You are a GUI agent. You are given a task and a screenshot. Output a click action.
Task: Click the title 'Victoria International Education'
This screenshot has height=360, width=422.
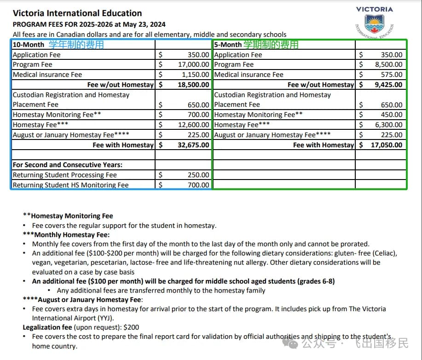77,13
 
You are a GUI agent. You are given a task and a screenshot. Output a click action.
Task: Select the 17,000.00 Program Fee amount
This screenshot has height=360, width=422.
193,64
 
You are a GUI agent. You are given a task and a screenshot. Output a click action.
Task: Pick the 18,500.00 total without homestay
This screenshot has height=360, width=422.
193,85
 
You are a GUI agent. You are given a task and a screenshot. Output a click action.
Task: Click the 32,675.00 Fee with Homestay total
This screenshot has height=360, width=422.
193,145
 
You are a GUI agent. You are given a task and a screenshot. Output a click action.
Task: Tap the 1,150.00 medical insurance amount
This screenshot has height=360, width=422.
195,75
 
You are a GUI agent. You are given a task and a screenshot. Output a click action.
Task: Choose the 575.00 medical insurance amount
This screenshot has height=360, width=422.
392,75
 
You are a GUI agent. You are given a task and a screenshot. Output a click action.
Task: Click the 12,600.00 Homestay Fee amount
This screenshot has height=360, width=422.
193,125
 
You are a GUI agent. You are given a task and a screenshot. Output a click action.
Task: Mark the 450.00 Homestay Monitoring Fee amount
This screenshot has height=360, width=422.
392,115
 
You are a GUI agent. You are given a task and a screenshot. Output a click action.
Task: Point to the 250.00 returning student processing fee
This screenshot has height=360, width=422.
198,175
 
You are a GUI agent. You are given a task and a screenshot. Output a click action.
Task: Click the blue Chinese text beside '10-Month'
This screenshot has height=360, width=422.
76,45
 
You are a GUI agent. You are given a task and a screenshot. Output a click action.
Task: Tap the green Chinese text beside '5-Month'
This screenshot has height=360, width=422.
271,45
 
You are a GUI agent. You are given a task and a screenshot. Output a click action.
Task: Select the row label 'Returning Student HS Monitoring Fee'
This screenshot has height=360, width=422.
71,185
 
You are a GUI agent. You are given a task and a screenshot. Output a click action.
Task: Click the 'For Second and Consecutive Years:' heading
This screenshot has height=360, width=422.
67,165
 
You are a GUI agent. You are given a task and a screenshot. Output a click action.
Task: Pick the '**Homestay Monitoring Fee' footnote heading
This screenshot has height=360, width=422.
68,216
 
